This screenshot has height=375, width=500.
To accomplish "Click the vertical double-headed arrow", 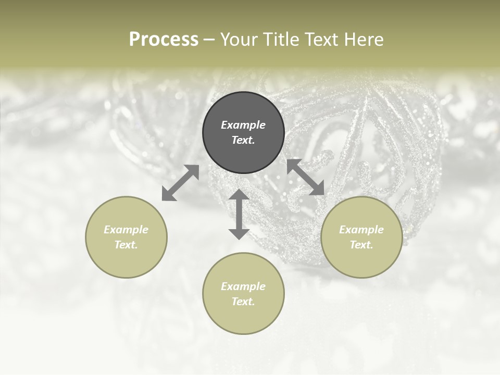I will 239,214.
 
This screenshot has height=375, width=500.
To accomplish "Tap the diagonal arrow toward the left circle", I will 180,183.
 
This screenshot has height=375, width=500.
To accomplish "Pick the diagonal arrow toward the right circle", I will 305,177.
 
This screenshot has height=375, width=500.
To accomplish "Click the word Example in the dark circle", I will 243,125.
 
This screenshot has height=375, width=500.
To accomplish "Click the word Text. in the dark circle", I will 243,140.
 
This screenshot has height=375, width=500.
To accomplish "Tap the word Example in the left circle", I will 126,230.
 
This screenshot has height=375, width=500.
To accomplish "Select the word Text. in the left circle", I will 126,245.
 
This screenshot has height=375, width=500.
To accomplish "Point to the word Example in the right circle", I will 361,230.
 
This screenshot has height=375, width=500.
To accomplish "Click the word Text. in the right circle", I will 361,245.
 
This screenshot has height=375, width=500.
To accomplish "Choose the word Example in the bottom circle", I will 243,286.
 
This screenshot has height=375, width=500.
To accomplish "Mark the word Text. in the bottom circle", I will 243,302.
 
